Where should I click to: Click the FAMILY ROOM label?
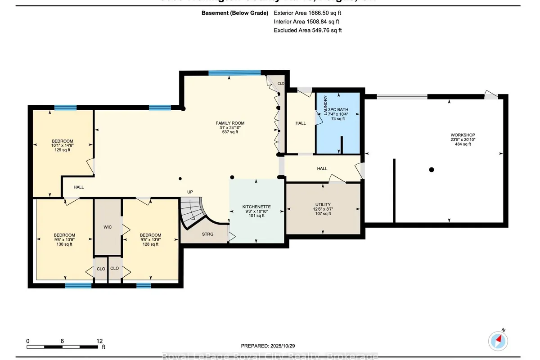[230, 123]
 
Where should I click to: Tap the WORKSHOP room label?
[463, 135]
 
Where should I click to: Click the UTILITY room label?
[323, 205]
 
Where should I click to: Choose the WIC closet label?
[108, 227]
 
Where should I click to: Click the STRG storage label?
[207, 234]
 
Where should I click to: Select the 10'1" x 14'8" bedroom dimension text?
[62, 145]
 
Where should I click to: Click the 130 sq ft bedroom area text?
[64, 244]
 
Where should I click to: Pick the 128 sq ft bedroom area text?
[150, 244]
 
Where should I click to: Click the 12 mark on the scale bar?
[99, 341]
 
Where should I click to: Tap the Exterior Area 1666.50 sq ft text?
[308, 13]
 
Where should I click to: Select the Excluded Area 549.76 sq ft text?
[308, 30]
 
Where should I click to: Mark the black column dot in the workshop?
[431, 170]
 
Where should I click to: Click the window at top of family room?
[234, 72]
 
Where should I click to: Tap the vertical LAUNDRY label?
[325, 105]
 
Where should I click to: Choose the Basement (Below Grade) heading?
[235, 13]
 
